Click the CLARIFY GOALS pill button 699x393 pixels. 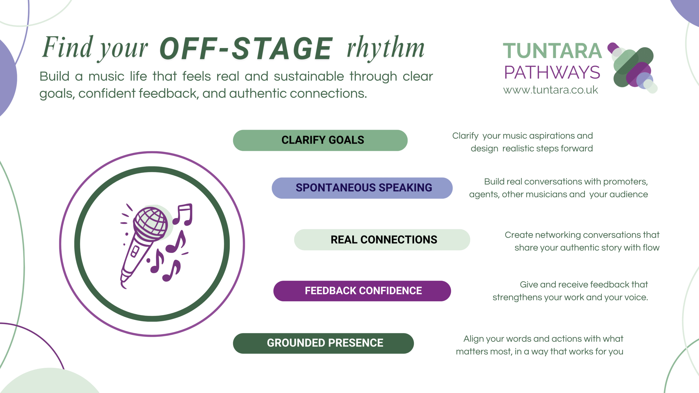[320, 140]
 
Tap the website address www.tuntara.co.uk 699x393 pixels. [550, 90]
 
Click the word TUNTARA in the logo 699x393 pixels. [552, 51]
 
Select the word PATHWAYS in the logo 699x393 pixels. [552, 73]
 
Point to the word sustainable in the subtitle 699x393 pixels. [309, 76]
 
